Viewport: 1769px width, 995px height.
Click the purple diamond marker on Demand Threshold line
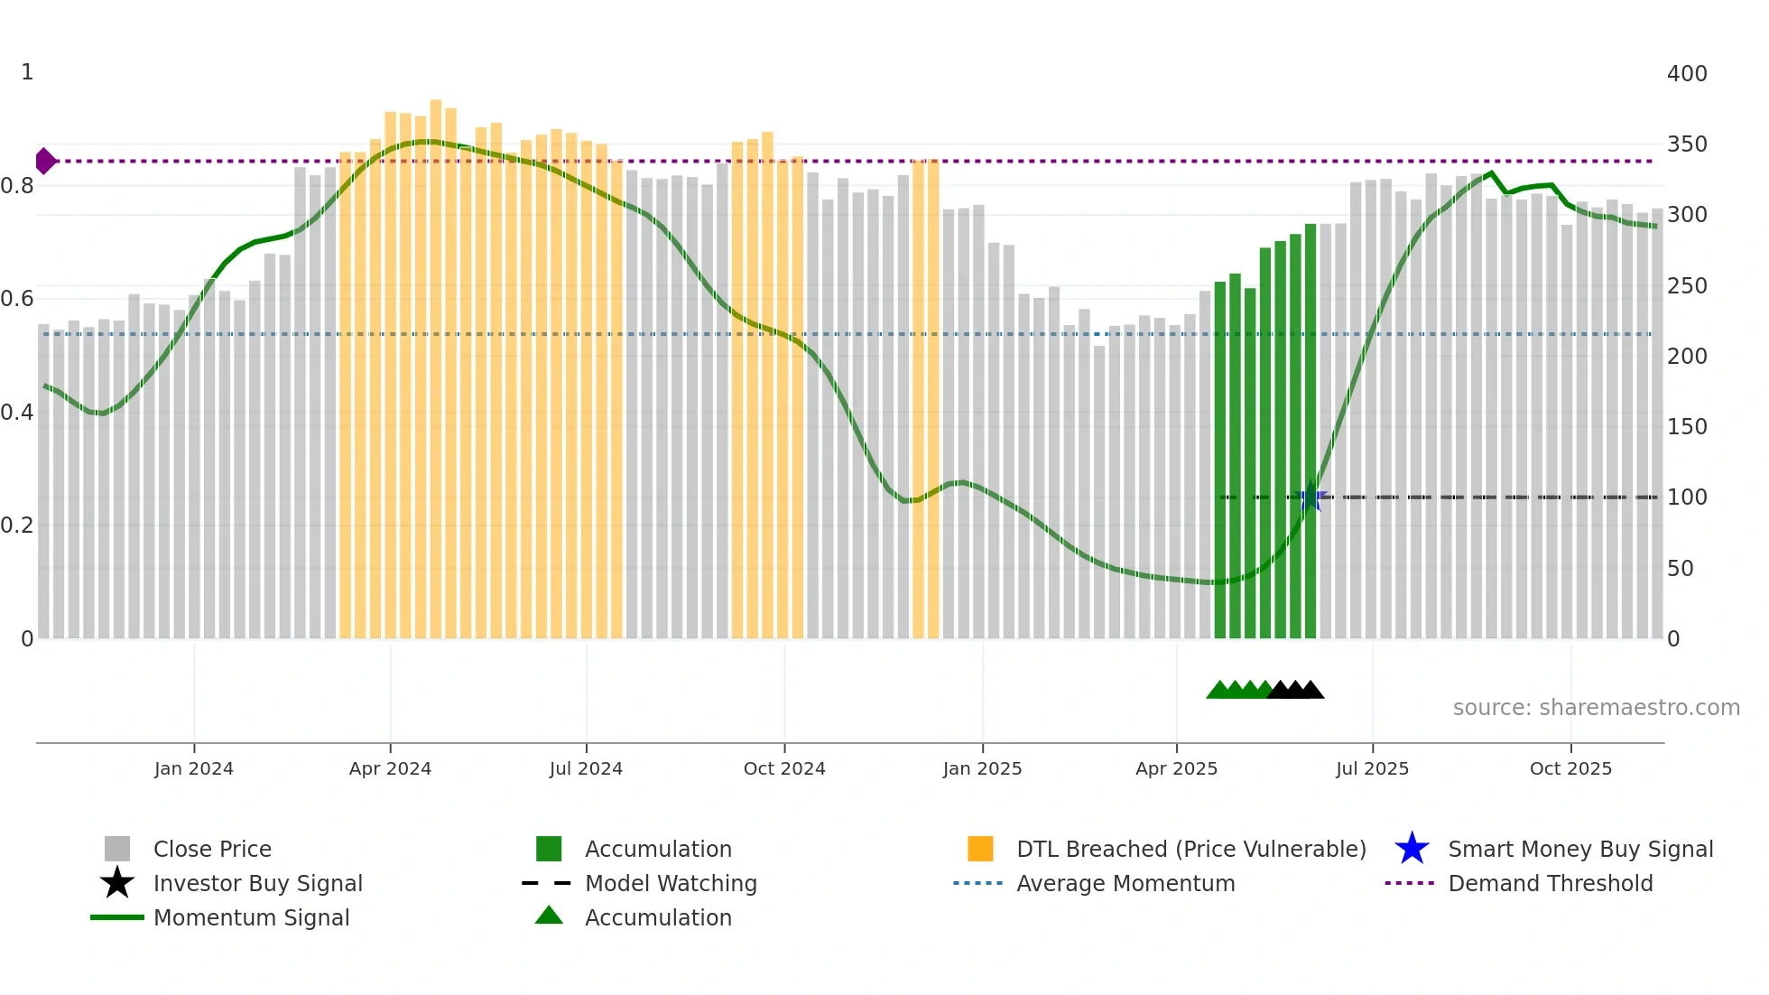(x=45, y=162)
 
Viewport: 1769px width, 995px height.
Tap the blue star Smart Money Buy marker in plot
(x=1311, y=497)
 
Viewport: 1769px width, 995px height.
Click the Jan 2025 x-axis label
(x=982, y=768)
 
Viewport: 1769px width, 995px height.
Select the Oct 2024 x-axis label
(x=784, y=768)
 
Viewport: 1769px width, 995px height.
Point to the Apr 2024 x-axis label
(x=390, y=768)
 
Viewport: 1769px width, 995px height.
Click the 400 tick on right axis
(x=1686, y=74)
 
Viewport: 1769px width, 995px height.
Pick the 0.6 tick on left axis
(x=17, y=299)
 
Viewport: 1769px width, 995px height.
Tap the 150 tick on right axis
(x=1686, y=427)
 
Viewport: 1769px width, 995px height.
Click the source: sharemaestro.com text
(x=1596, y=708)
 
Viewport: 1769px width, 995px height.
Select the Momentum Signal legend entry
(x=251, y=917)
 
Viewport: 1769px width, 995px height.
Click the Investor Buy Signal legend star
(x=117, y=883)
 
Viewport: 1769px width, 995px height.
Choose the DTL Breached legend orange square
(x=980, y=849)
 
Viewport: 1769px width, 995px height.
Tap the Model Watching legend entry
(x=671, y=883)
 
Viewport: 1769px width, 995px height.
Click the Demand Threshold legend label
(x=1550, y=883)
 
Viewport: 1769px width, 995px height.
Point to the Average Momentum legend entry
(x=1125, y=883)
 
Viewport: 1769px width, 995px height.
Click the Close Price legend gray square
(x=117, y=849)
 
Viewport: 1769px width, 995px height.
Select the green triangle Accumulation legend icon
(x=549, y=916)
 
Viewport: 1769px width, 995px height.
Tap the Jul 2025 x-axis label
(x=1372, y=768)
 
